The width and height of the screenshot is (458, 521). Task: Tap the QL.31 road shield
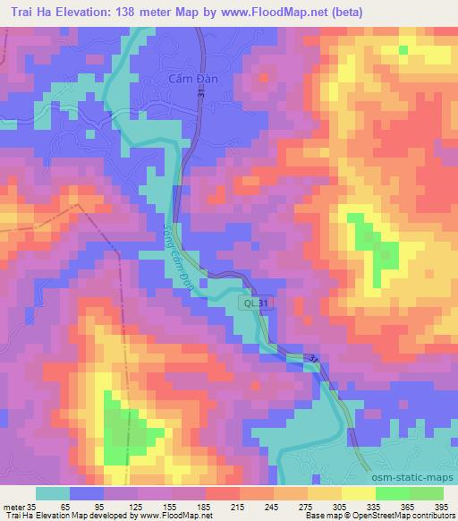tap(253, 304)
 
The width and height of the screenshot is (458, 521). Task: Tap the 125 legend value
tap(137, 505)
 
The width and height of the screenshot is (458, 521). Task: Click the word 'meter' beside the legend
tap(14, 505)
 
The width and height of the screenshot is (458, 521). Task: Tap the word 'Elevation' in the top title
tap(89, 11)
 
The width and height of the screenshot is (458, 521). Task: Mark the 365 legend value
tap(409, 505)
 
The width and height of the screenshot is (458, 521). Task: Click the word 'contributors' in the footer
tap(430, 516)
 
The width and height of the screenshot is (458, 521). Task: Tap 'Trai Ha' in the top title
tap(30, 11)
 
